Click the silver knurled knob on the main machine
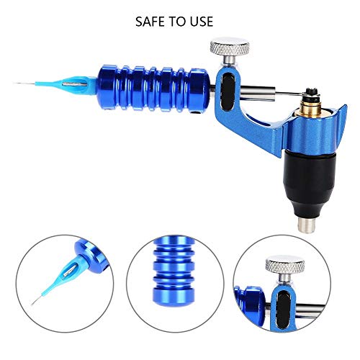coord(230,48)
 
